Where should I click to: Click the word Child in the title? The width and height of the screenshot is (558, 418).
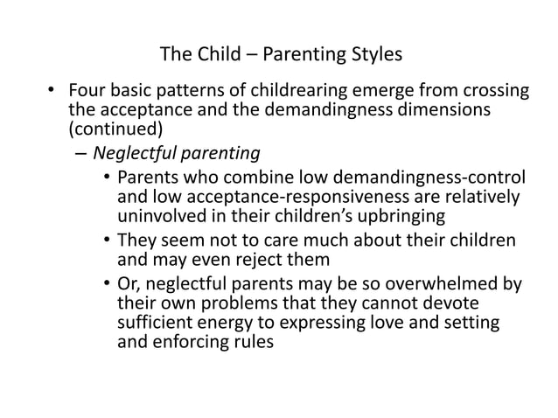tap(218, 54)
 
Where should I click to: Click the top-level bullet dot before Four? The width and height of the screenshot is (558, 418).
tap(52, 91)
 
